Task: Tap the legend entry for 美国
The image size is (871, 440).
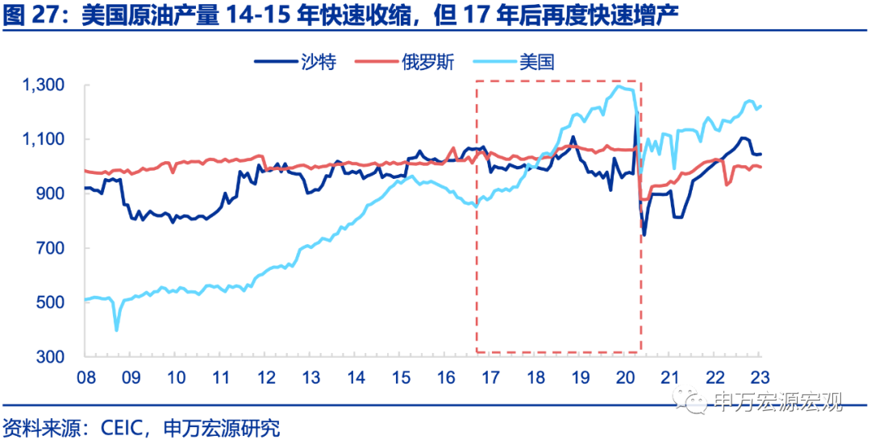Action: click(x=536, y=61)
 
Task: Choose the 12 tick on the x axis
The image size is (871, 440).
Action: click(x=265, y=375)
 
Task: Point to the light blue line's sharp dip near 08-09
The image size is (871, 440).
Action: click(x=117, y=330)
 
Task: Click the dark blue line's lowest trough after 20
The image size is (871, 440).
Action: click(x=644, y=235)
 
